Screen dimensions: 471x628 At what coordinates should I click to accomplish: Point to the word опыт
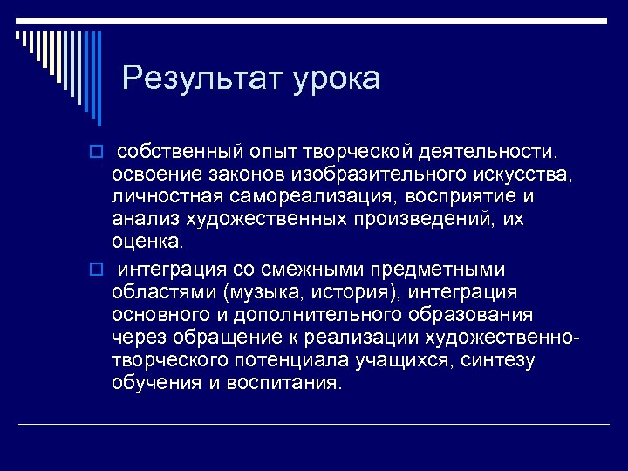click(x=270, y=154)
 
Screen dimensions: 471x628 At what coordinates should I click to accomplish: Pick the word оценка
click(x=147, y=240)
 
